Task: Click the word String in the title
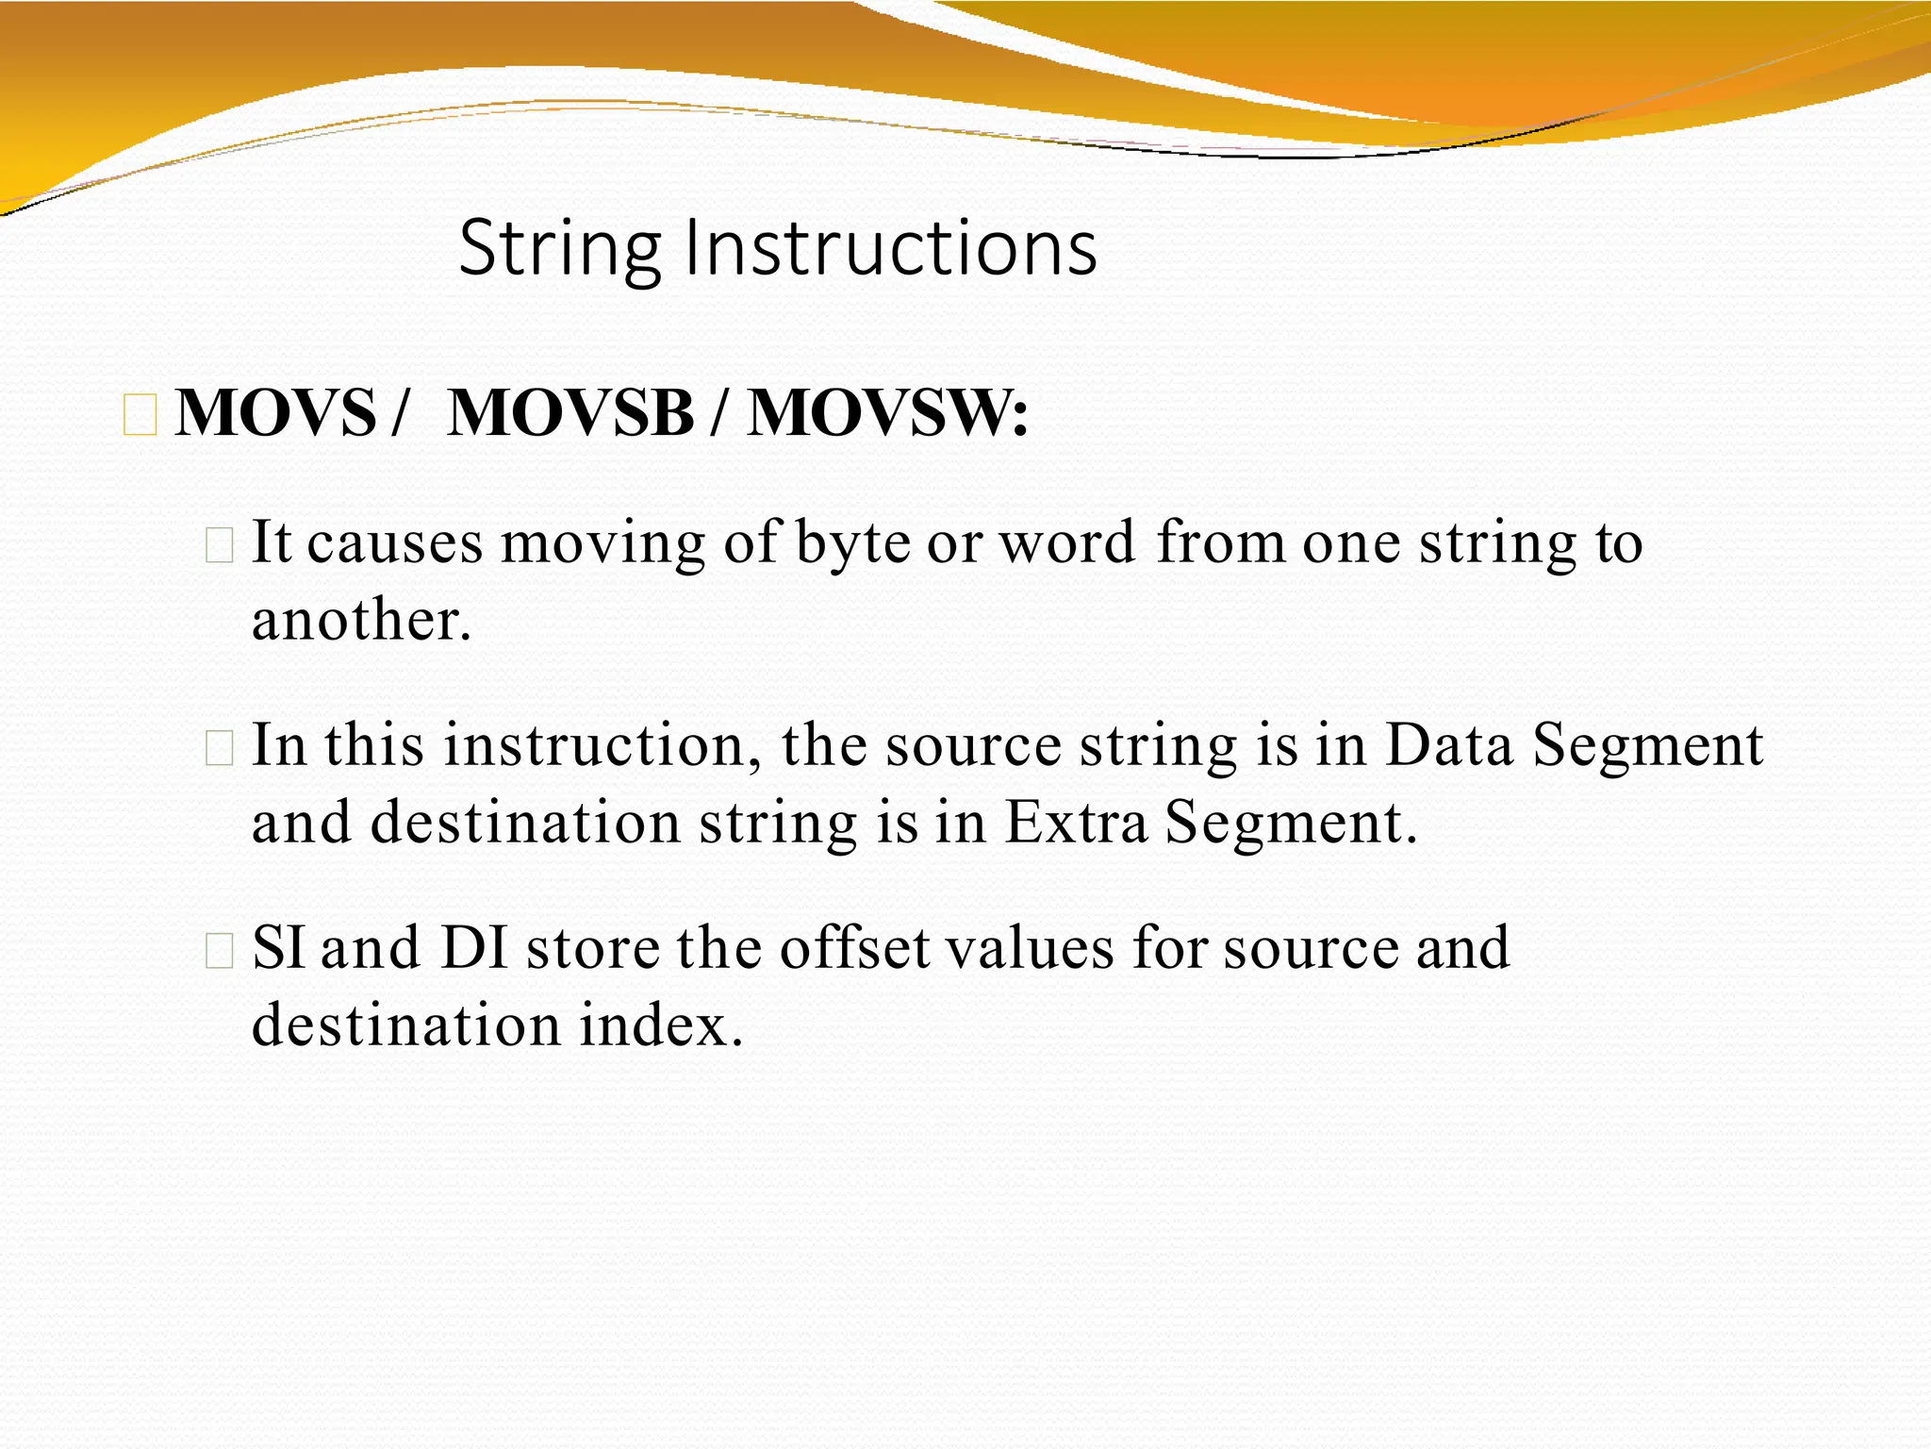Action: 560,248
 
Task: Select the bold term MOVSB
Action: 571,412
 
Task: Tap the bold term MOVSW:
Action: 887,412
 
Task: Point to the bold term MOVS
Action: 276,412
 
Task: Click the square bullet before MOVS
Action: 140,416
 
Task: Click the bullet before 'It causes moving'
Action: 219,545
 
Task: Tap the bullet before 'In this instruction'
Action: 219,748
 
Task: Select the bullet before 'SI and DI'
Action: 219,950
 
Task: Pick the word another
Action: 361,621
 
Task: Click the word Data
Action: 1449,745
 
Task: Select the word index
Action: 661,1024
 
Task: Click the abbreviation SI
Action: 279,948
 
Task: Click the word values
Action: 1031,947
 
